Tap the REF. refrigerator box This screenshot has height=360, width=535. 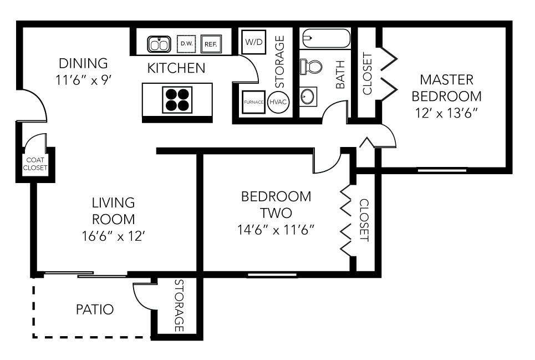210,43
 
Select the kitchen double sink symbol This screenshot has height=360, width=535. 159,44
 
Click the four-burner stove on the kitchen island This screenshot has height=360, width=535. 177,100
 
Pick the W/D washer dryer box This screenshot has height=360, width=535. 253,42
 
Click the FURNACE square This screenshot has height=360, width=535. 253,102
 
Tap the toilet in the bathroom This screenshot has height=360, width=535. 312,67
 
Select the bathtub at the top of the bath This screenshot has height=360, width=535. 326,39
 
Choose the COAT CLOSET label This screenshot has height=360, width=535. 35,164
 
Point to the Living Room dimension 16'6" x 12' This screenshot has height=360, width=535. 113,236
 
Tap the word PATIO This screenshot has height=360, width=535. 95,310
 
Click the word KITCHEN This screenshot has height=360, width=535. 176,68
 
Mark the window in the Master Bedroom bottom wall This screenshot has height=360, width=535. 442,170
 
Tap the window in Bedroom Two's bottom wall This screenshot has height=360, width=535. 272,275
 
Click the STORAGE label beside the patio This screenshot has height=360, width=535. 179,306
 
